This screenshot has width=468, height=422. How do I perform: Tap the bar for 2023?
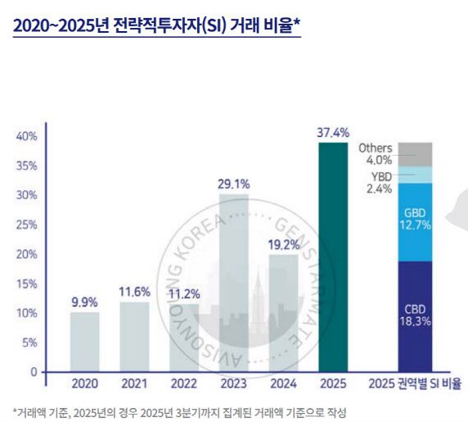point(235,283)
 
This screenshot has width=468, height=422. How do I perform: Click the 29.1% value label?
point(234,184)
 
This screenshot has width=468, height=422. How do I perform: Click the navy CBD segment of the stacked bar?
point(416,315)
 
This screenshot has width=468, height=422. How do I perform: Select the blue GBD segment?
point(416,221)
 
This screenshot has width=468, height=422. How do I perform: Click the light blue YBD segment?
point(416,175)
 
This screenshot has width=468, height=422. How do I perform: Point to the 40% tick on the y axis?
point(27,136)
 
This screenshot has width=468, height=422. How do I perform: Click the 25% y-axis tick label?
point(27,225)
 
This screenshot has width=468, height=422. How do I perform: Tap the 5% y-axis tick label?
point(30,343)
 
